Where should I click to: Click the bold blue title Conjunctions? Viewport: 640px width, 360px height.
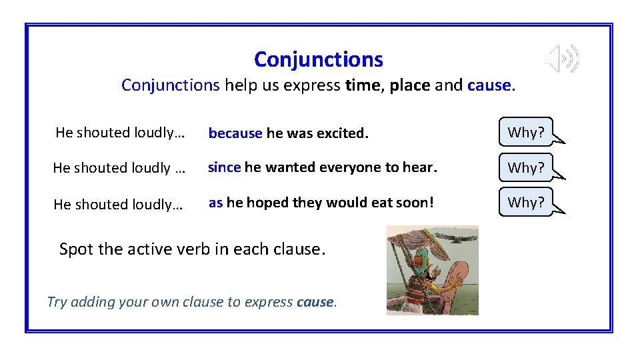(x=319, y=59)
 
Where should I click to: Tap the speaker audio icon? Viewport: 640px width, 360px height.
(x=561, y=59)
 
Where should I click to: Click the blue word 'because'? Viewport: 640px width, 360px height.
(x=235, y=133)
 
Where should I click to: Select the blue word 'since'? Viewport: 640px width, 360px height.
(x=224, y=167)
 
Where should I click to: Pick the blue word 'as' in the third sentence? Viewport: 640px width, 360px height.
(x=215, y=203)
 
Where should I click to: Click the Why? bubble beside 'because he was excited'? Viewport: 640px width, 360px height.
(x=526, y=132)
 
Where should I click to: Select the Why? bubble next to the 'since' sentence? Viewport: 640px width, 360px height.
(x=526, y=167)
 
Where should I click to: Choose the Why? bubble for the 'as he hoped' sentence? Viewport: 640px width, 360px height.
(x=526, y=202)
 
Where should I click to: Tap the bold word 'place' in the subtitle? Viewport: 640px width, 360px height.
(x=410, y=85)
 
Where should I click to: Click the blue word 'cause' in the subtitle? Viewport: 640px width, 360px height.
(x=489, y=85)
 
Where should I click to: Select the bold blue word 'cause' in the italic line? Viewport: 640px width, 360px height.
(x=315, y=302)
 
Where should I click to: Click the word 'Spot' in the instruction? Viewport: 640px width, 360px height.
(x=77, y=249)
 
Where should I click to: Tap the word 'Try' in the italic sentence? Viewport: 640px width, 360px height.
(x=57, y=302)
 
